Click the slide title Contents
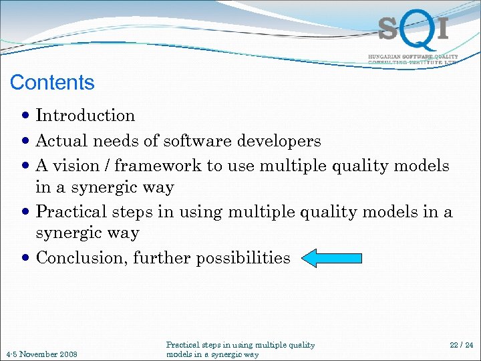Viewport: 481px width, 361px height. click(52, 82)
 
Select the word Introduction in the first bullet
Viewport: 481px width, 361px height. click(86, 116)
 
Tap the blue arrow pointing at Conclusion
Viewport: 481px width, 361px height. click(331, 258)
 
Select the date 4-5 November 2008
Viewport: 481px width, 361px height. click(41, 354)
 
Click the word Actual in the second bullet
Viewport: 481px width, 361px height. click(61, 141)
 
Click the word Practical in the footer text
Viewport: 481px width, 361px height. click(182, 345)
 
